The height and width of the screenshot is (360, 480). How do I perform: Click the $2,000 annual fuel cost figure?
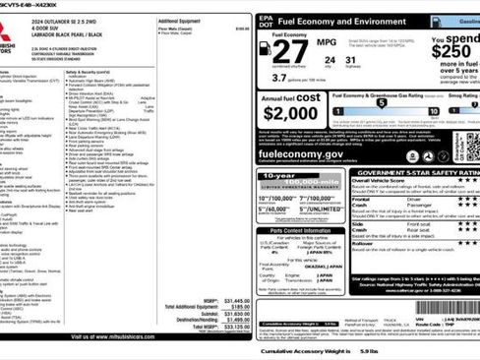pos(289,111)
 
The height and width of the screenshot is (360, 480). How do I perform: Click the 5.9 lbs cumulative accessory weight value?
pos(369,351)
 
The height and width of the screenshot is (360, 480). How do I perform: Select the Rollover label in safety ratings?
pos(363,242)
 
